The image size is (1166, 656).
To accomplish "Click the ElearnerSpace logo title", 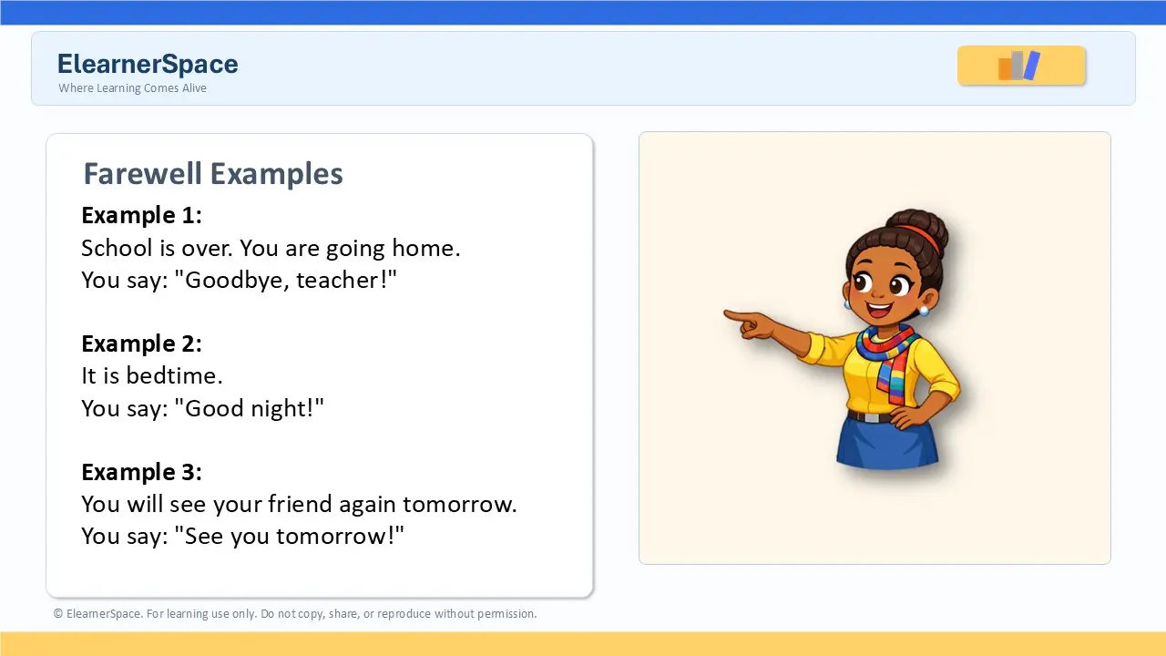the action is tap(148, 64).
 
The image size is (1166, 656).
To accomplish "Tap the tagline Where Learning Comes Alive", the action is tap(132, 88).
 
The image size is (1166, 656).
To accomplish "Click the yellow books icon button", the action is tap(1021, 65).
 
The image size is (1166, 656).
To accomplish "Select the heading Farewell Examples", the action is tap(213, 173).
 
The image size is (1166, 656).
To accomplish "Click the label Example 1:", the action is tap(141, 215).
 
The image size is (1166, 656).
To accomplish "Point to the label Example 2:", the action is tap(141, 343).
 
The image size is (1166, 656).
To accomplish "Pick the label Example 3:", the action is tap(141, 472).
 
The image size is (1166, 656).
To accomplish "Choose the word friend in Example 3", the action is tap(300, 504).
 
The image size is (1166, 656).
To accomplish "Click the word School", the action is tap(118, 248).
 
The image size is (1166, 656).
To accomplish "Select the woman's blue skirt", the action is tap(887, 443).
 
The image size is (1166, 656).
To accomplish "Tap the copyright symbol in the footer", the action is tap(57, 614).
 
